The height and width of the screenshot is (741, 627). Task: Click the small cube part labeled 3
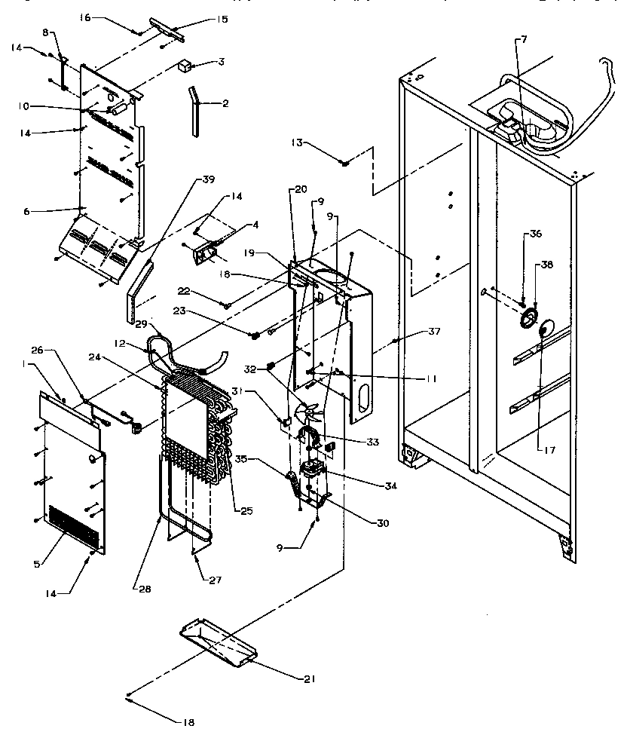click(183, 66)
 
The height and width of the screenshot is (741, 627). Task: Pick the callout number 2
click(225, 103)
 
